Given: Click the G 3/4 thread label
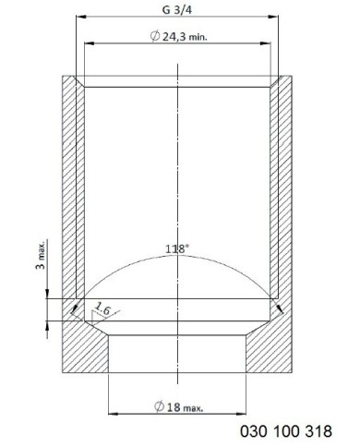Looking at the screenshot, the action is click(177, 10).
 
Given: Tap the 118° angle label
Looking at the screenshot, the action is click(177, 248).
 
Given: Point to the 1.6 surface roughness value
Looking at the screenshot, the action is click(102, 308).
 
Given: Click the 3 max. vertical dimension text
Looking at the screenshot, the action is click(41, 254).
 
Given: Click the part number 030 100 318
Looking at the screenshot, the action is click(286, 431).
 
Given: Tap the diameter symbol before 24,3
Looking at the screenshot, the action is click(155, 36).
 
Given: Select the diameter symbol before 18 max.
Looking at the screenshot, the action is click(159, 406).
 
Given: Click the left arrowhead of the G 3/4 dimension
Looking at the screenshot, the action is click(81, 17).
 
